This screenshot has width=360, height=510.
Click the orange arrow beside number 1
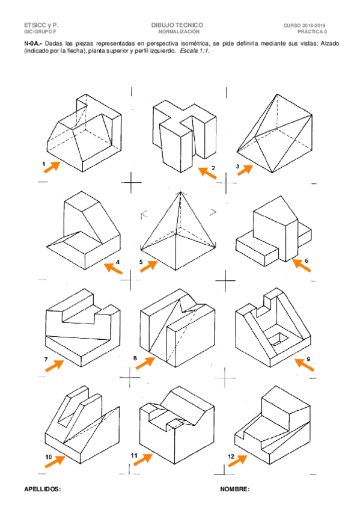pos(52,167)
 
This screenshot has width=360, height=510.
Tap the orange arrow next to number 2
pos(207,172)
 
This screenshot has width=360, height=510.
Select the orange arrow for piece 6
pos(302,265)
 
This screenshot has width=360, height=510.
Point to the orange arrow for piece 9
pos(305,364)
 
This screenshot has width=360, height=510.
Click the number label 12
pos(231,456)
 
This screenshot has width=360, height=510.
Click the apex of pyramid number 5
pos(180,192)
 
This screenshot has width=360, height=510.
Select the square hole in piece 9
pos(279,340)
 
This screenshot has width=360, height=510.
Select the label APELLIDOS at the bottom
pos(42,490)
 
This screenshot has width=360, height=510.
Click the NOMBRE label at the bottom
pos(234,490)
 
